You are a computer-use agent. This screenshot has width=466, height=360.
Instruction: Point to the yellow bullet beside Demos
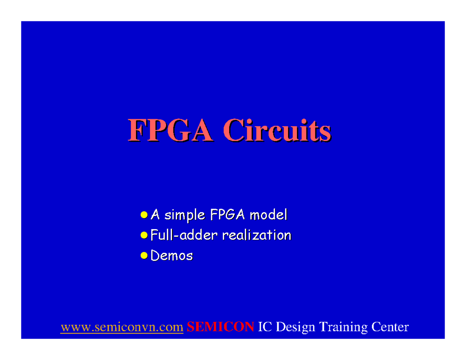click(x=144, y=255)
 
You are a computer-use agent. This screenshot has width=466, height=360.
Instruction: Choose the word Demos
click(x=171, y=256)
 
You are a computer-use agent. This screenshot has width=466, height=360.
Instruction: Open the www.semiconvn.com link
click(x=122, y=327)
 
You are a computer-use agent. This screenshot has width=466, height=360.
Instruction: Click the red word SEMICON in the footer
click(x=220, y=327)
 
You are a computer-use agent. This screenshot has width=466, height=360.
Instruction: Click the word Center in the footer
click(x=390, y=327)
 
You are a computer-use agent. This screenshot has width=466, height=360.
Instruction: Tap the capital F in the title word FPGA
click(x=136, y=130)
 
